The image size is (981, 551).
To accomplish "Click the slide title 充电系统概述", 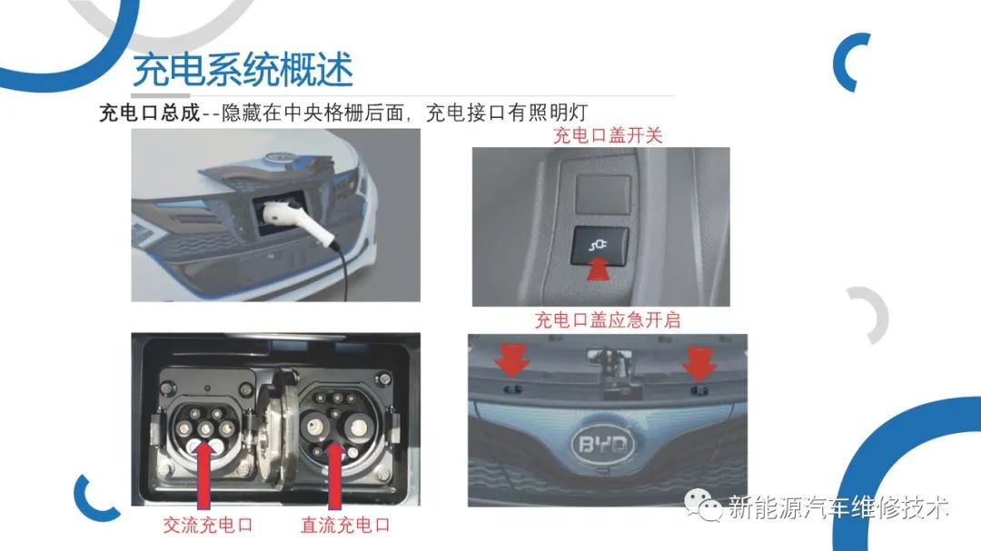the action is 243,69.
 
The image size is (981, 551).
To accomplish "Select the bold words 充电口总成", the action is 150,113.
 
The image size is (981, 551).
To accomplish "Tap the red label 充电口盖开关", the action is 608,135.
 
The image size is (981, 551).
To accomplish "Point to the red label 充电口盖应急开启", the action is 608,320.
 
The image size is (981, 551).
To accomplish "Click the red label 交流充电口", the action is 208,524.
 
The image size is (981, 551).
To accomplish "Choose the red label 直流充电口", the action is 345,524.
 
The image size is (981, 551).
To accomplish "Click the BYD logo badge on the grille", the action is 602,444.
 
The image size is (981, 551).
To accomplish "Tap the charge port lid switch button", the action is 600,245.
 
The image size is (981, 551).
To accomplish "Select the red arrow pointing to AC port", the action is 204,476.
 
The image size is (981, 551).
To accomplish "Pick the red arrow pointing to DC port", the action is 334,476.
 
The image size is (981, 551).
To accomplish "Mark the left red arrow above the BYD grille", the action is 511,359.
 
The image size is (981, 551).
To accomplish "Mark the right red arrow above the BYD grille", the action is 699,363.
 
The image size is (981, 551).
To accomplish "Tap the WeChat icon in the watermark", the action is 703,504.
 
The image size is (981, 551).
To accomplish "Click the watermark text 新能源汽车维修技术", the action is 838,507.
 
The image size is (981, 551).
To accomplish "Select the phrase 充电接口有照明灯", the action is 507,113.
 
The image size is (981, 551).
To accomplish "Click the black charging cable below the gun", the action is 343,273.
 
